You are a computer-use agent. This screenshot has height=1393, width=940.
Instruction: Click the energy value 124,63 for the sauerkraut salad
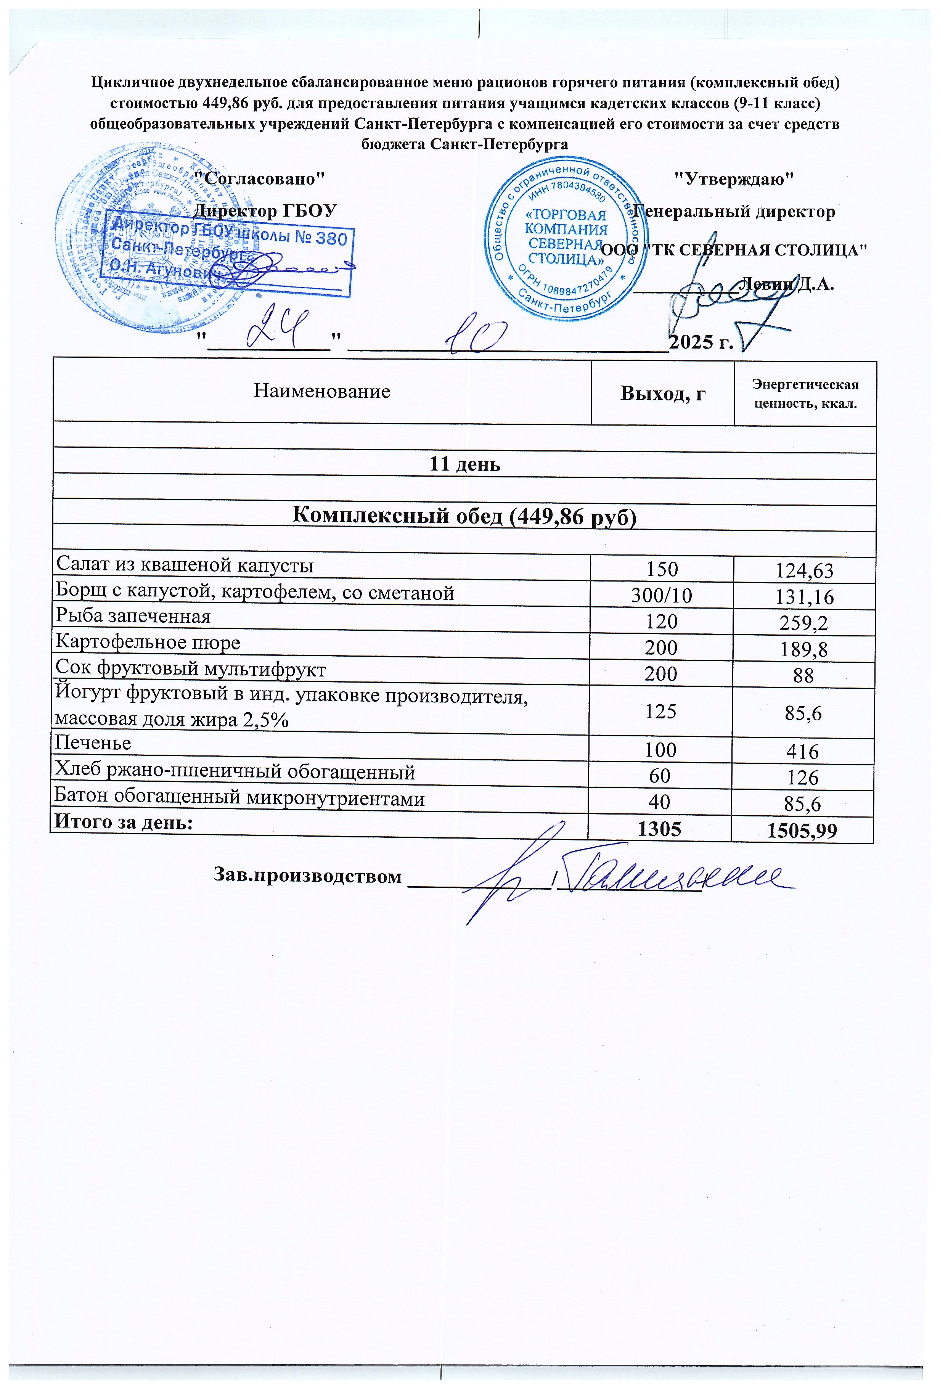[803, 570]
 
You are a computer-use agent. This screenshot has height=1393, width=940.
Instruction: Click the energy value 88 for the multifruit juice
[803, 675]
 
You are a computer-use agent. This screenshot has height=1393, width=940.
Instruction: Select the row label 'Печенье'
[93, 743]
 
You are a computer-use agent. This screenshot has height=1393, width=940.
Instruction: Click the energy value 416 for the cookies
[803, 752]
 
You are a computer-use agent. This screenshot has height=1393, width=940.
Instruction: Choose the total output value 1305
[660, 828]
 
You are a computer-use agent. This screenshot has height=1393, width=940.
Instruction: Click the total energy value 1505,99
[803, 831]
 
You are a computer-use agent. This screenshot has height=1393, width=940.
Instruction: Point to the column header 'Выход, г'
[662, 393]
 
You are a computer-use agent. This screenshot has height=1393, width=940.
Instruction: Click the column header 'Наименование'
[322, 391]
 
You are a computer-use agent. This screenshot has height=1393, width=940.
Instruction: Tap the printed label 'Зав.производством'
[307, 876]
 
